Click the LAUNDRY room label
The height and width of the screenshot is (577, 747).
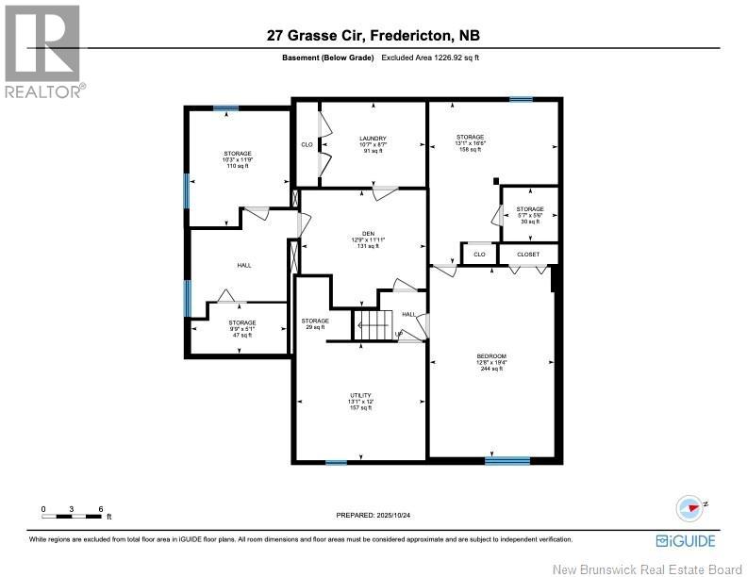click(373, 139)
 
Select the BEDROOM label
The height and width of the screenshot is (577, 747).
click(491, 355)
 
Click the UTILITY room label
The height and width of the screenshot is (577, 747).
click(359, 395)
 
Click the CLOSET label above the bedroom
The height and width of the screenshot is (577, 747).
click(529, 254)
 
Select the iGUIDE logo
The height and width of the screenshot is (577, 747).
click(685, 540)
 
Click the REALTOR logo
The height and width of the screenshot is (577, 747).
click(43, 52)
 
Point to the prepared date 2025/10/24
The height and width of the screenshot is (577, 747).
click(373, 516)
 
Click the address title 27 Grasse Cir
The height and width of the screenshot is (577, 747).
click(373, 37)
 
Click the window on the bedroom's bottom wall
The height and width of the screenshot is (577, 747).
click(507, 460)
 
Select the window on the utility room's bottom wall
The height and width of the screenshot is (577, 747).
click(336, 462)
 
